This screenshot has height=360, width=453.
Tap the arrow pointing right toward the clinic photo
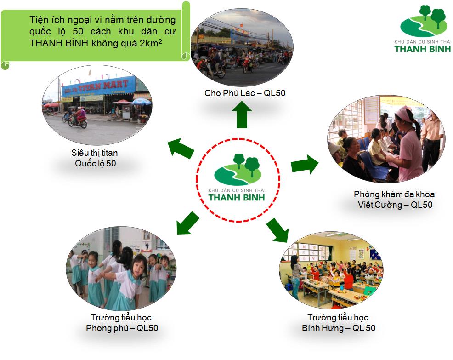pyautogui.click(x=305, y=164)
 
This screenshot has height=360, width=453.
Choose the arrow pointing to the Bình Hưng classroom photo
pyautogui.click(x=277, y=229)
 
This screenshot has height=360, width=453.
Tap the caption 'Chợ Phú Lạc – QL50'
pyautogui.click(x=245, y=93)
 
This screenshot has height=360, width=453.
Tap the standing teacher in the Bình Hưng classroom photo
pyautogui.click(x=295, y=276)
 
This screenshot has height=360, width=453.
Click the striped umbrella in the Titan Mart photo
pyautogui.click(x=141, y=101)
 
